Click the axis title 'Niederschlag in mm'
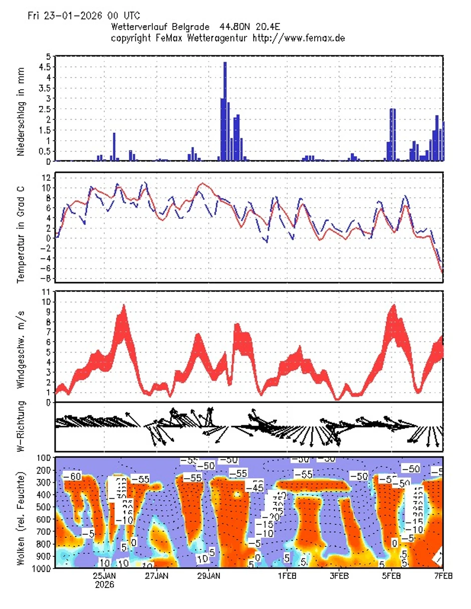click(21, 108)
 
